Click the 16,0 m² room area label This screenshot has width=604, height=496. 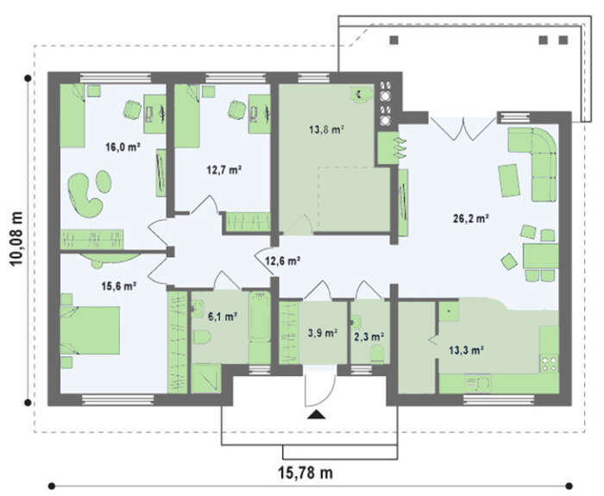click(123, 147)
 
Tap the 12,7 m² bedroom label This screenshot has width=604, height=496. click(224, 169)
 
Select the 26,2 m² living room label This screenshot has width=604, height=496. click(471, 219)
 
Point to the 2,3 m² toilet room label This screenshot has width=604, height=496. click(368, 337)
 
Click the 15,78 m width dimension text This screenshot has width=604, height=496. click(305, 472)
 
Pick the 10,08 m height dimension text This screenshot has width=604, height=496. click(16, 239)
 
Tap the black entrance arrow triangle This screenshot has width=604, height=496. click(317, 414)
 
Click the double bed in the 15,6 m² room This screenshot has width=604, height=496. click(90, 330)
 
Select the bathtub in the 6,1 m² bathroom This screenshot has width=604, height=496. click(259, 317)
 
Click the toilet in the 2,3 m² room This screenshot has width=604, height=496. click(377, 354)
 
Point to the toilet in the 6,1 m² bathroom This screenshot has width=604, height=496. click(201, 337)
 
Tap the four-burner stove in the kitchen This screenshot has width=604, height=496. click(549, 364)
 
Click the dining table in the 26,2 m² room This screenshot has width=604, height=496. click(540, 256)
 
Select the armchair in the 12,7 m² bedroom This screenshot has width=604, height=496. click(236, 110)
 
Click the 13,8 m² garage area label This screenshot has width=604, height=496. click(326, 129)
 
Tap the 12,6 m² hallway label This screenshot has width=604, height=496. click(283, 261)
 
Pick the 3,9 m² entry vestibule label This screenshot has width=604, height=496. click(323, 332)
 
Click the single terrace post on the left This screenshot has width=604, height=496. click(394, 40)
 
